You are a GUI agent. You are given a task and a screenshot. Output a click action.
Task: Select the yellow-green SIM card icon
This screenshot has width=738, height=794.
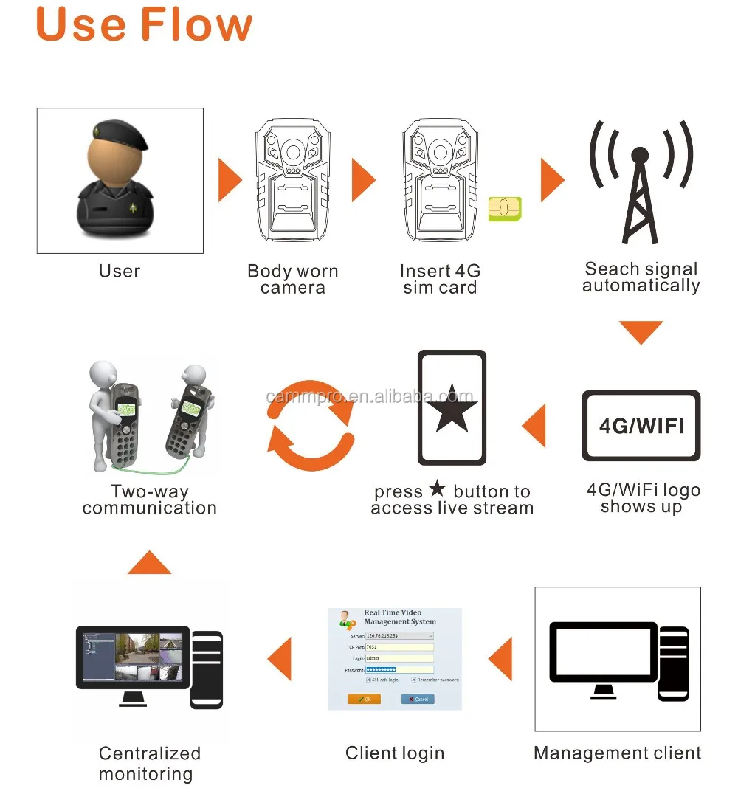pyautogui.click(x=505, y=209)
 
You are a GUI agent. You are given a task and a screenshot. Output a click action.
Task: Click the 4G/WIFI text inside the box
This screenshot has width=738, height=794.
pyautogui.click(x=641, y=426)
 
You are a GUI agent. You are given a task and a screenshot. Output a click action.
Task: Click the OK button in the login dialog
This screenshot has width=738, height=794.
pyautogui.click(x=364, y=699)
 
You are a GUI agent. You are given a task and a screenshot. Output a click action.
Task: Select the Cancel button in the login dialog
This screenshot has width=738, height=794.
pyautogui.click(x=418, y=699)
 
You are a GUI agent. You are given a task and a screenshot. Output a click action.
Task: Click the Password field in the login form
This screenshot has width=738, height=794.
pyautogui.click(x=399, y=670)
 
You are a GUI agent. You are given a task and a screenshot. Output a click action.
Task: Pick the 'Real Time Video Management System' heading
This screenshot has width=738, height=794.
pyautogui.click(x=400, y=617)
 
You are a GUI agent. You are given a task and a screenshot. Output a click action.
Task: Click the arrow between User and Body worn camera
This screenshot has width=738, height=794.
pyautogui.click(x=230, y=180)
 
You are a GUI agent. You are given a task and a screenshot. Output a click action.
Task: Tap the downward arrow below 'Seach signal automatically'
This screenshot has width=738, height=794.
pyautogui.click(x=641, y=332)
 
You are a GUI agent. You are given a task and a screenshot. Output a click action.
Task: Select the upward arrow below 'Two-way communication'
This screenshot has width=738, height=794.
pyautogui.click(x=149, y=562)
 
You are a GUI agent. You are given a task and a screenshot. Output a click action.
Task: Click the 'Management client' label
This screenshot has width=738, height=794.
pyautogui.click(x=617, y=753)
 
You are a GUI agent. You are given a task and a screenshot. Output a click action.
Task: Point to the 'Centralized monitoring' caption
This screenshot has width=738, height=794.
pyautogui.click(x=149, y=763)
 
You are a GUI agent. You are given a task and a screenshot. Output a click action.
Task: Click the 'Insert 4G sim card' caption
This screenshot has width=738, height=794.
pyautogui.click(x=440, y=280)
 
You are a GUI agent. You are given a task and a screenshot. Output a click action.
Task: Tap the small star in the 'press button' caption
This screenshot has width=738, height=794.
pyautogui.click(x=438, y=489)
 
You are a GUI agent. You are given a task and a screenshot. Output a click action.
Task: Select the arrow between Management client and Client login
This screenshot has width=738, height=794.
pyautogui.click(x=501, y=659)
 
